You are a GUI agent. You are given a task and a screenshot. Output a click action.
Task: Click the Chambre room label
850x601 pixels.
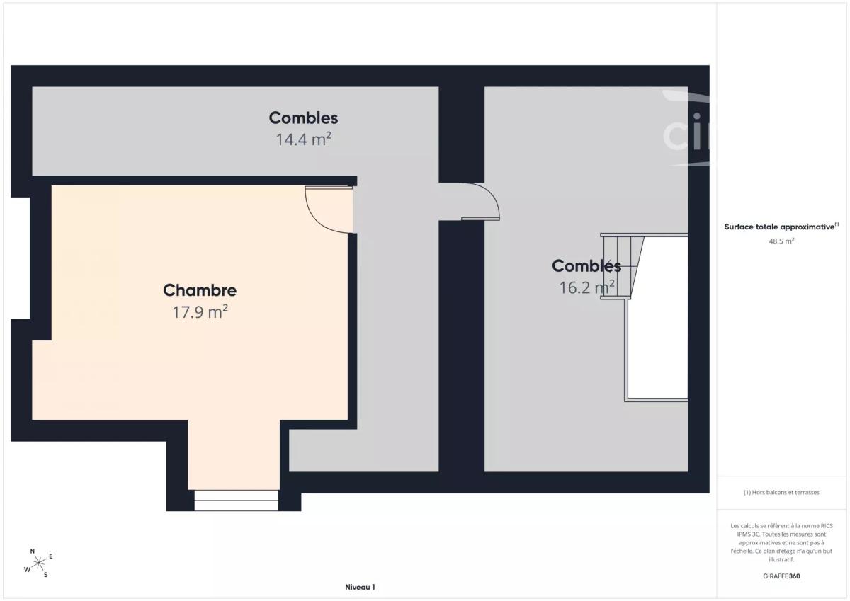200,290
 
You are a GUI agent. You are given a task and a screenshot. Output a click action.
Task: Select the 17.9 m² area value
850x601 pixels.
200,311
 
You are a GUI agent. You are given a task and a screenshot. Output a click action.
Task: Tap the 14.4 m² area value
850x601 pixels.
303,139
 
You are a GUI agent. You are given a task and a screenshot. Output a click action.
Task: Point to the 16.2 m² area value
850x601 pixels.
586,287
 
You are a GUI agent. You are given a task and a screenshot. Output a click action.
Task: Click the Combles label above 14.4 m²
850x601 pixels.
303,118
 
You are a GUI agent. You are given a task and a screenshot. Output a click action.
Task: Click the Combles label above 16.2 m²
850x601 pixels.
586,265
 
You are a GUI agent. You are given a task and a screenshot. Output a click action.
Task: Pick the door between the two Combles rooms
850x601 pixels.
480,201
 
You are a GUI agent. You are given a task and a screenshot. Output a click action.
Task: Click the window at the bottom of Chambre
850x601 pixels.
237,500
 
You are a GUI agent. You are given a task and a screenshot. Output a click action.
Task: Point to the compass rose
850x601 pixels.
39,563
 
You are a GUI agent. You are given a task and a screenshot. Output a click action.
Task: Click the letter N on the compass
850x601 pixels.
33,551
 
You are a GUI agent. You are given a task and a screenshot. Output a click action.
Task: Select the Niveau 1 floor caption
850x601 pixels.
360,587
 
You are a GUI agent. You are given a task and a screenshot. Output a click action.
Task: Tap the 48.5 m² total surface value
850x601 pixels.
781,241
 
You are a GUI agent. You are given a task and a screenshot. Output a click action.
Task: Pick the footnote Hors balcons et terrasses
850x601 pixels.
781,492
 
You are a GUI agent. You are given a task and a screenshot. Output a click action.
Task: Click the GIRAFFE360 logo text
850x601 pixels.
781,576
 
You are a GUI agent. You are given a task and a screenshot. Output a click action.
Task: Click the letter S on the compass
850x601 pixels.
45,575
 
